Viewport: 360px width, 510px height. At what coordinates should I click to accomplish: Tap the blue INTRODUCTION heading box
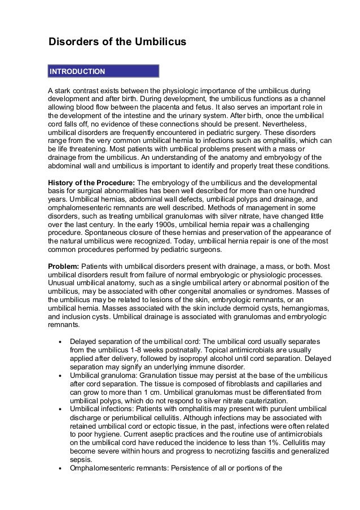[x=104, y=72]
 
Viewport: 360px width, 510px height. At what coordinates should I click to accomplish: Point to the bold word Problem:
[x=64, y=266]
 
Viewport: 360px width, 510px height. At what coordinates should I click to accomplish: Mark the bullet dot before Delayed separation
[x=60, y=342]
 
